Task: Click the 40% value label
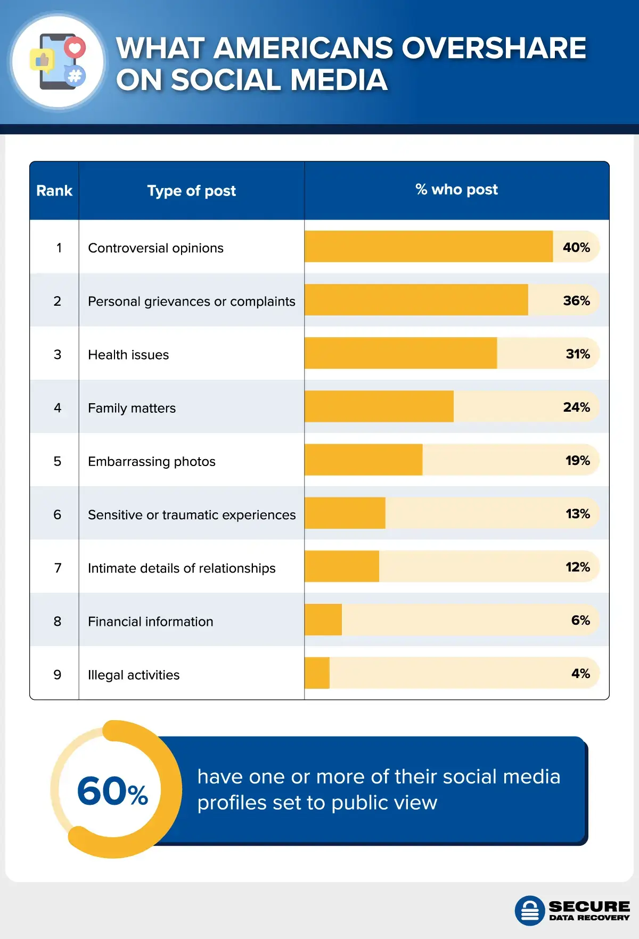pyautogui.click(x=576, y=248)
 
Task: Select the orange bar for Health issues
pyautogui.click(x=400, y=353)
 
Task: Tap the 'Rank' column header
pyautogui.click(x=54, y=191)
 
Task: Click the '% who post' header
pyautogui.click(x=456, y=190)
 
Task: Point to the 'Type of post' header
pyautogui.click(x=191, y=191)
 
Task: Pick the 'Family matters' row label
pyautogui.click(x=132, y=408)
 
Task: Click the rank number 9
pyautogui.click(x=58, y=675)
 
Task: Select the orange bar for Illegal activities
pyautogui.click(x=317, y=673)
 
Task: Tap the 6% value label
pyautogui.click(x=580, y=620)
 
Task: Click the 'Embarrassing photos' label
pyautogui.click(x=152, y=461)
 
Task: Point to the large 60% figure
pyautogui.click(x=112, y=791)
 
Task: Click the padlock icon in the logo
pyautogui.click(x=529, y=911)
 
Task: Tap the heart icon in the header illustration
pyautogui.click(x=75, y=48)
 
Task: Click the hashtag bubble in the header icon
pyautogui.click(x=75, y=76)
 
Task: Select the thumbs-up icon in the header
pyautogui.click(x=42, y=61)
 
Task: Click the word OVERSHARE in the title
pyautogui.click(x=494, y=48)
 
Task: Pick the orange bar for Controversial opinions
pyautogui.click(x=429, y=247)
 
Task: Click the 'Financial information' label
pyautogui.click(x=150, y=622)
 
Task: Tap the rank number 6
pyautogui.click(x=58, y=515)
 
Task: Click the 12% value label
pyautogui.click(x=577, y=567)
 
